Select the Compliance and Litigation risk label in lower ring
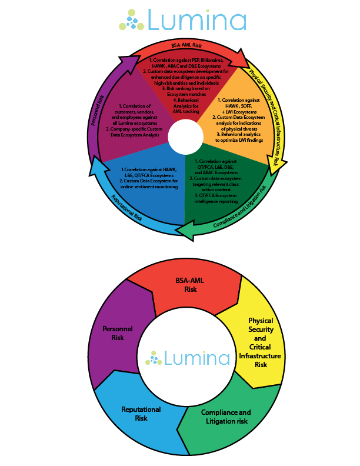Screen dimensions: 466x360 point(226,417)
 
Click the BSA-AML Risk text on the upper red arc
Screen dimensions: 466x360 point(186,45)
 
